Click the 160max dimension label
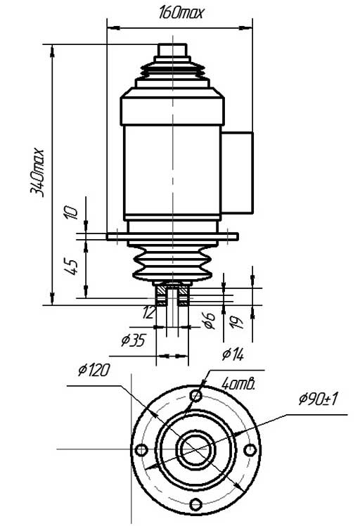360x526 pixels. tap(181, 13)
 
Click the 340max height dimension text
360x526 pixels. tap(37, 172)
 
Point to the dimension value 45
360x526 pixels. tap(72, 266)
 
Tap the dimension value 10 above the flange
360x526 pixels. tap(71, 212)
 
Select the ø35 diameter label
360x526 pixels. tap(133, 340)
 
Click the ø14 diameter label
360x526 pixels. tap(233, 354)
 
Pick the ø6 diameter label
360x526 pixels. tap(210, 321)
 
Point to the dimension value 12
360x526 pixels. tap(148, 313)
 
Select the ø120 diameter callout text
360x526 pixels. tap(94, 371)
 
